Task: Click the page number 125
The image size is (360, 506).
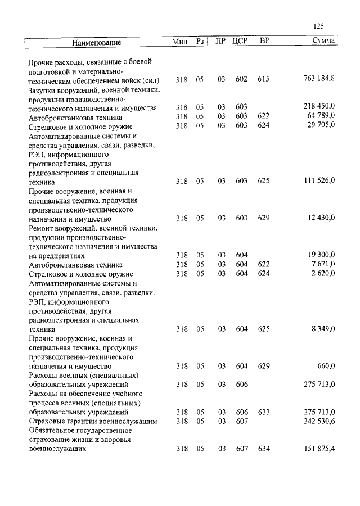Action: tap(318, 25)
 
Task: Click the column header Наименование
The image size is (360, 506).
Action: tap(96, 42)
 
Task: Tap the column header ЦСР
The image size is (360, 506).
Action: tap(240, 42)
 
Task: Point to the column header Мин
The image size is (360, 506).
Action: tap(179, 42)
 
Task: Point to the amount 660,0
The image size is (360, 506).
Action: tap(326, 366)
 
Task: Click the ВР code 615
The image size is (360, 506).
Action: tap(263, 79)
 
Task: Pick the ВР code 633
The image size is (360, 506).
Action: tap(263, 412)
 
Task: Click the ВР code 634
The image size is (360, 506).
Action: tap(263, 449)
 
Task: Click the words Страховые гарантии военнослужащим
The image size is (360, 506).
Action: tap(92, 421)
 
